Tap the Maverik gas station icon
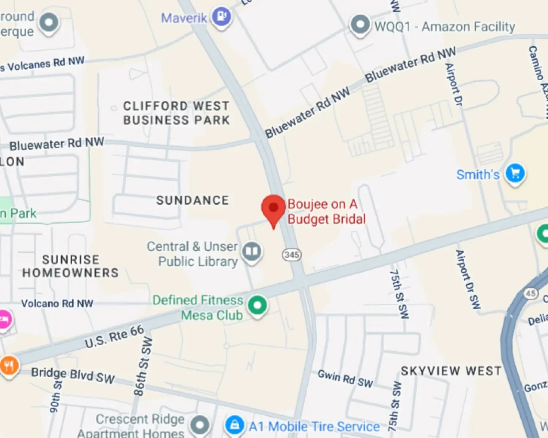point(222,17)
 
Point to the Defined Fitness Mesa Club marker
point(257,305)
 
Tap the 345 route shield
point(292,254)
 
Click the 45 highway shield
point(530,293)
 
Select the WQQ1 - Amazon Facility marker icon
point(360,25)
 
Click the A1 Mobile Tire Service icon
point(235,425)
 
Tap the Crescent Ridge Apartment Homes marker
point(200,425)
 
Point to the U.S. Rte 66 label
point(114,337)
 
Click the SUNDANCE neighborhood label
point(193,200)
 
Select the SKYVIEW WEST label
point(451,371)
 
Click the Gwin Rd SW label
point(345,379)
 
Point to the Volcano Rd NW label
point(57,303)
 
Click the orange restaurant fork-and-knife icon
point(9,365)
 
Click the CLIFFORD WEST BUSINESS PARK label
point(176,113)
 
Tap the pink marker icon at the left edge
point(4,319)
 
